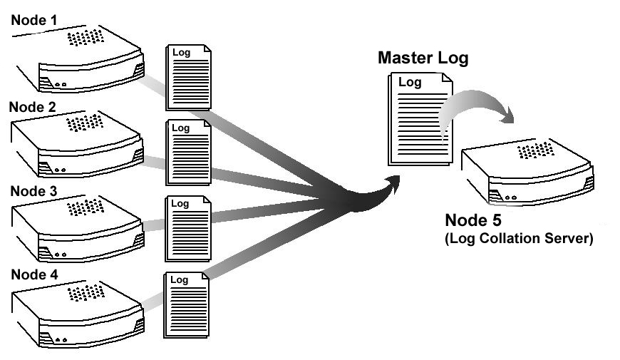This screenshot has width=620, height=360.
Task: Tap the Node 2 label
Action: (32, 108)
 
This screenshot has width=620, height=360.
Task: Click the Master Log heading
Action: (423, 58)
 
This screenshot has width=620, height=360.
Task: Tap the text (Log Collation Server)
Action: (519, 239)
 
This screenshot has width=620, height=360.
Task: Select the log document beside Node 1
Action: (188, 78)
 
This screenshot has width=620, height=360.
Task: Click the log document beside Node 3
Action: (188, 229)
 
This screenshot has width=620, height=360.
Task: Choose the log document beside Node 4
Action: (188, 304)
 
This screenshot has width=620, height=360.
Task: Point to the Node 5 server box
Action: (527, 171)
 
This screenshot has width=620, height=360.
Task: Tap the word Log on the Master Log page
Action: (410, 83)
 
